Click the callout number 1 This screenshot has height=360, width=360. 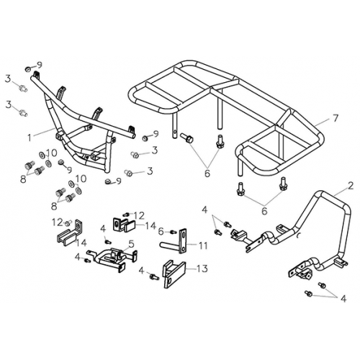pos(30,138)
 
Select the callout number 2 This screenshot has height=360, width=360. pos(351,186)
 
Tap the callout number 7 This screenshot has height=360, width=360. pos(335,118)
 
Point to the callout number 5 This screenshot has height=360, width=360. pos(131,244)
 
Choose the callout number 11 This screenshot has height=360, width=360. pos(203,246)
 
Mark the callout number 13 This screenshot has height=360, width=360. pos(203,269)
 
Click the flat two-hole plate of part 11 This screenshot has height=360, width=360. pos(184,241)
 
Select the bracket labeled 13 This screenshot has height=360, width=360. pos(174,274)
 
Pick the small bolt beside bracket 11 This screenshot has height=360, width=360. pos(173,232)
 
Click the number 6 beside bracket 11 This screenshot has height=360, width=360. pos(161,232)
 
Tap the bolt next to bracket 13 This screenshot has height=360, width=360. pos(154,276)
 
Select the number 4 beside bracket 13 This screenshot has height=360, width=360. pos(141,271)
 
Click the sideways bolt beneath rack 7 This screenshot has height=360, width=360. pos(186,138)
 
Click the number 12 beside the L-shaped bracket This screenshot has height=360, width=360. pos(58,222)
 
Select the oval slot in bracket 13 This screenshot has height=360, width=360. pos(170,281)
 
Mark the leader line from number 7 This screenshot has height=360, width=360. pos(323,122)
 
